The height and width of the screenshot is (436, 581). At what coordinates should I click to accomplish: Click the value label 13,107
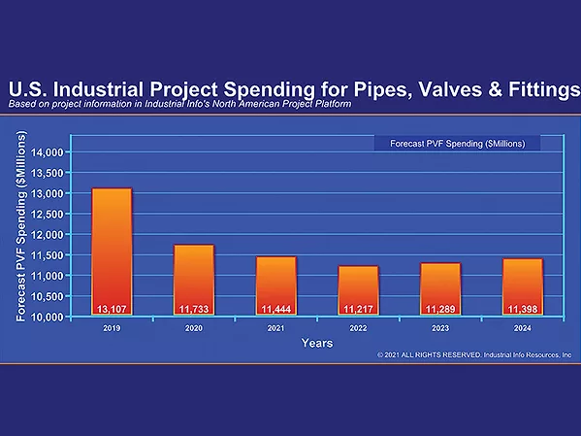112,309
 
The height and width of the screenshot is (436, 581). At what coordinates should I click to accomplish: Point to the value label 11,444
275,309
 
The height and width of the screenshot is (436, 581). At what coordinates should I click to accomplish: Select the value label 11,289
440,309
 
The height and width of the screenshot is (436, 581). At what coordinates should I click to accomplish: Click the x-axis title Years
317,343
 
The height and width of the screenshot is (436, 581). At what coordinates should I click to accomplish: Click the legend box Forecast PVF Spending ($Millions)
457,144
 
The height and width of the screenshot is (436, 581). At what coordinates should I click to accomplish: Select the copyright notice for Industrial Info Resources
474,356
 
